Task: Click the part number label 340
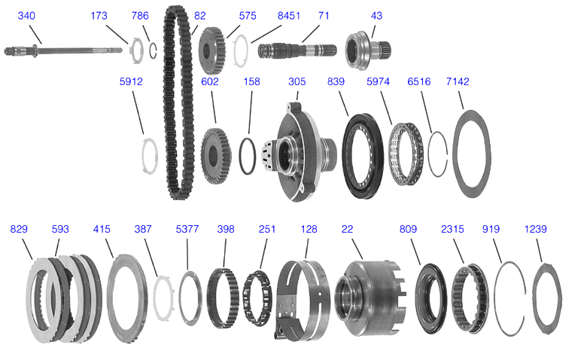pos(26,16)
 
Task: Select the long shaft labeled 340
pos(63,50)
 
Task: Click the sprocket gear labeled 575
pos(212,50)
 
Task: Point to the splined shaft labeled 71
pos(297,50)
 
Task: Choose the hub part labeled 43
pos(367,50)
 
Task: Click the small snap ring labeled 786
pos(153,51)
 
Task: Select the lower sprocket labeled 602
pos(216,155)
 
